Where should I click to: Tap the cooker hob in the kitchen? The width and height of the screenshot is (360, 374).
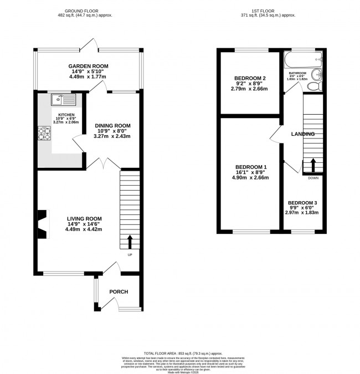point(44,133)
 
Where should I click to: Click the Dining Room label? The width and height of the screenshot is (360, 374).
point(112,126)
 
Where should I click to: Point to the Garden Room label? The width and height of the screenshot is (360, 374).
point(89,66)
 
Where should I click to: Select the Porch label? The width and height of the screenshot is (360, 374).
point(119,292)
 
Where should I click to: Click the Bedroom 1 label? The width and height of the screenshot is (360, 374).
point(251,167)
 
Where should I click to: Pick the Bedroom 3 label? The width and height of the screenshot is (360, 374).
point(304,203)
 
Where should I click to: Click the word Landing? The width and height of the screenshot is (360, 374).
point(304,134)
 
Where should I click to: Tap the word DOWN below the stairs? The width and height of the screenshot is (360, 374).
point(313,178)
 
